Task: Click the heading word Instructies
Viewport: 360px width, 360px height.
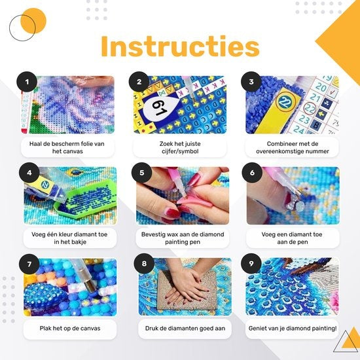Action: tap(180, 47)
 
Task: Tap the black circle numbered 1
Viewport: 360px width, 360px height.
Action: tap(26, 82)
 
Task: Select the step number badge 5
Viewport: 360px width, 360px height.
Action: tap(139, 173)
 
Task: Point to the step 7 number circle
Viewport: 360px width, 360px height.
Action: tap(26, 264)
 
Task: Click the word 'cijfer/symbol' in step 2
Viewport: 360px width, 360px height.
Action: tap(180, 152)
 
